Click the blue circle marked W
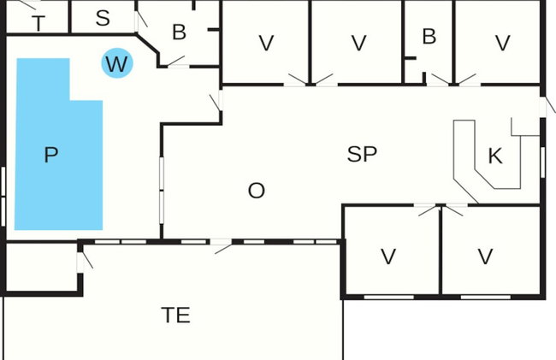tap(117, 63)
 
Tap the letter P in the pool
tap(51, 155)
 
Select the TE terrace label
tap(175, 315)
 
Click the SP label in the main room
tap(362, 154)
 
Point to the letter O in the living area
tap(256, 191)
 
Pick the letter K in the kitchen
tap(495, 156)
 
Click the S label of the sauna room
tap(103, 18)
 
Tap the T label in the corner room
tap(38, 23)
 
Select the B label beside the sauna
tap(179, 32)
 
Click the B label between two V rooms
tap(429, 36)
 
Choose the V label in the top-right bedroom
tap(502, 43)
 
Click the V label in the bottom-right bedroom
tap(485, 257)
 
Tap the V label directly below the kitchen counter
tap(388, 257)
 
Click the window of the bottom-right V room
tap(486, 297)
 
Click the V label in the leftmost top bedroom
tap(266, 43)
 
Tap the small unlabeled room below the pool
tap(42, 268)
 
